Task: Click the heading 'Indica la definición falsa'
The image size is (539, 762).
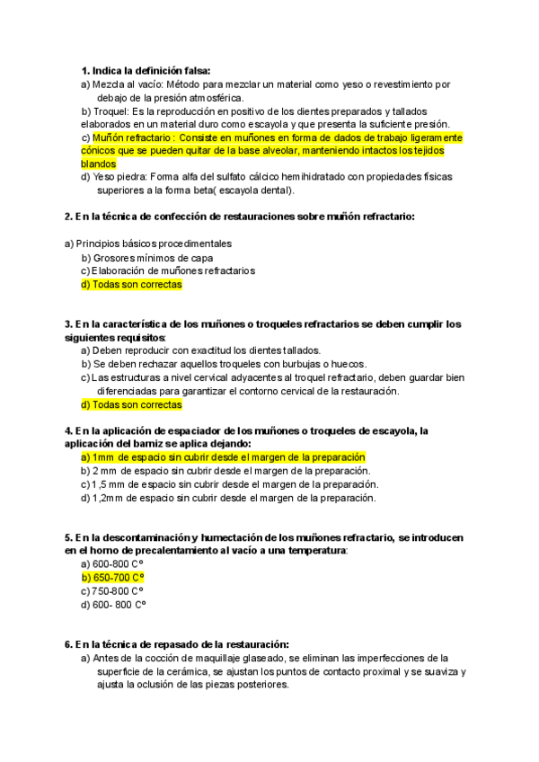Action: coord(152,70)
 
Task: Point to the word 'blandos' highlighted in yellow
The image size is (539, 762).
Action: coord(98,164)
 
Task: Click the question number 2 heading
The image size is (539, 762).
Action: coord(239,217)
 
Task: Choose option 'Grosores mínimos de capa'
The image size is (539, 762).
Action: coord(153,257)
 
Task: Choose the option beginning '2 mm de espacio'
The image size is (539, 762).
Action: coord(231,471)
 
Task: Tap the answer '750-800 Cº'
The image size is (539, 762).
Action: coord(118,590)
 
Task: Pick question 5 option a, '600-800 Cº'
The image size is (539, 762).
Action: coord(118,563)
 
